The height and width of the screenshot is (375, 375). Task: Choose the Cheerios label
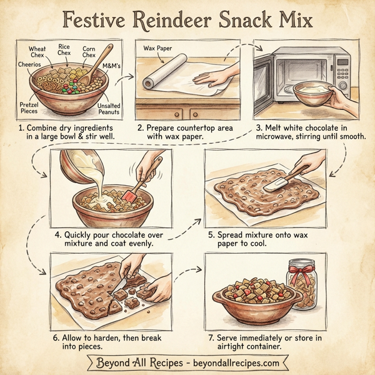click(29, 65)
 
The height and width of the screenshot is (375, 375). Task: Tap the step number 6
click(57, 337)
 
